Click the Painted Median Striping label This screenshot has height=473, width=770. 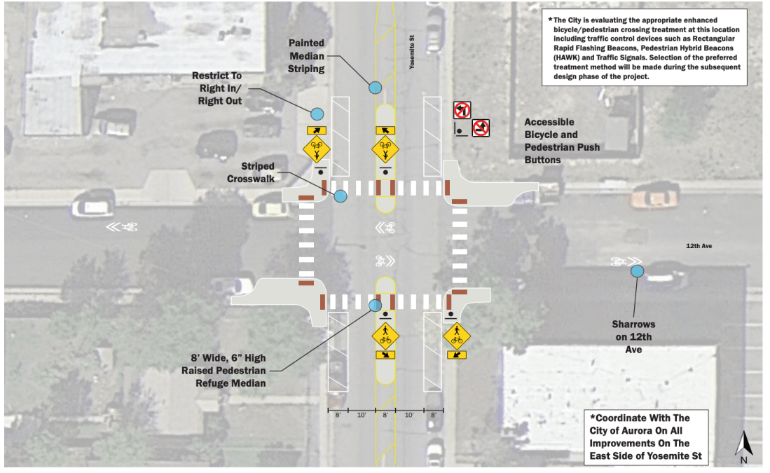point(306,56)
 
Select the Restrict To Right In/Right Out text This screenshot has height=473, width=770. point(217,88)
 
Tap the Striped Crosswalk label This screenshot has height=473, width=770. point(251,172)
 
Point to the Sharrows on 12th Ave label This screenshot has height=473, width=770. point(633,337)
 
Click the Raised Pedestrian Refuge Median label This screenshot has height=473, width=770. point(224,371)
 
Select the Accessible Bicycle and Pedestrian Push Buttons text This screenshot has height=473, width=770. point(563,141)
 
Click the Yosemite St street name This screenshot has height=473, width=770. point(412,52)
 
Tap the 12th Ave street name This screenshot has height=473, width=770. point(699,245)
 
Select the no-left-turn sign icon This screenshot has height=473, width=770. point(462,110)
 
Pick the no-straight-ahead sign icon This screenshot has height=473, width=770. point(481,128)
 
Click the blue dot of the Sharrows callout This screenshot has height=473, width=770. point(637,270)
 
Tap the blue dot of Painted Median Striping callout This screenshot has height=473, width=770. point(375,88)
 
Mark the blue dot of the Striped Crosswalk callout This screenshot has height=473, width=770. point(341,196)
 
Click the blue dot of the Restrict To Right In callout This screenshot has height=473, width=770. point(317,114)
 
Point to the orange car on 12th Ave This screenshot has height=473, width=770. point(654,196)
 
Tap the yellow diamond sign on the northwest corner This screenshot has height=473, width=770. point(316,149)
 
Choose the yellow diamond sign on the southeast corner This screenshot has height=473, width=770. point(457,336)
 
